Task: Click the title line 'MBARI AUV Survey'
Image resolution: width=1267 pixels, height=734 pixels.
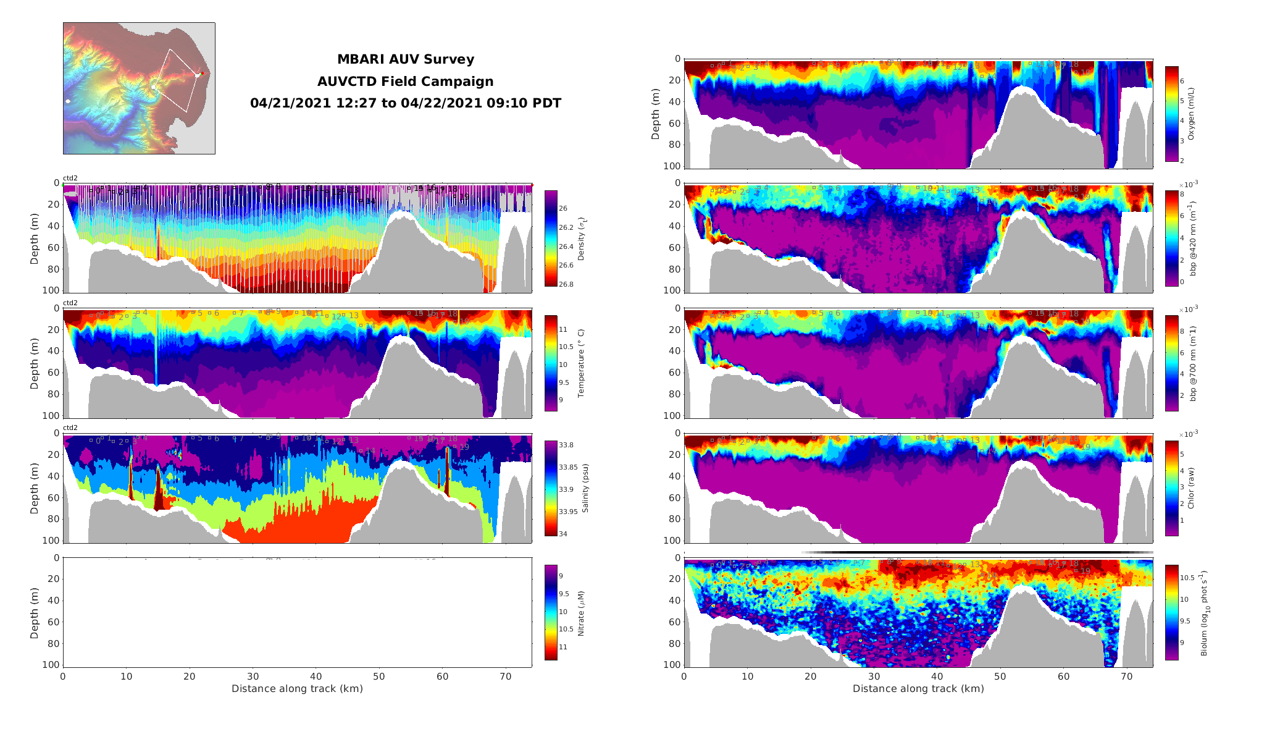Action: [405, 59]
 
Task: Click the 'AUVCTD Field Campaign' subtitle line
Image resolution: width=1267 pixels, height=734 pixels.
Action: [405, 82]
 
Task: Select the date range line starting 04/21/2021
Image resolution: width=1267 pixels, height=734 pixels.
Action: [405, 103]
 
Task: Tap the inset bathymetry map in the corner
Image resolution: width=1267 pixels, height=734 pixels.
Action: [139, 88]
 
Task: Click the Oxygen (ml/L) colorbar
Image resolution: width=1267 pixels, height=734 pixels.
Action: [1171, 114]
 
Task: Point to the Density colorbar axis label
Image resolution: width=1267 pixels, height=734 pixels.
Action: [581, 238]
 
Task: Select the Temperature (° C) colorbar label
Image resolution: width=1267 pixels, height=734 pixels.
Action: [581, 363]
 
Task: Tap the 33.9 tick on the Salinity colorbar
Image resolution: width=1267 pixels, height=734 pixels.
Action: [566, 489]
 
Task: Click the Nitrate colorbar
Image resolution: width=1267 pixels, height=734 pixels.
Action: [551, 612]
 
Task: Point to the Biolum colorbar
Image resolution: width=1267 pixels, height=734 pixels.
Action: [1171, 612]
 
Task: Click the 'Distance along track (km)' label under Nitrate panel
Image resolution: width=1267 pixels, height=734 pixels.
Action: [297, 689]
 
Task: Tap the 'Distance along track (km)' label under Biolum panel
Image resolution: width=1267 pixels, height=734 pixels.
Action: [918, 689]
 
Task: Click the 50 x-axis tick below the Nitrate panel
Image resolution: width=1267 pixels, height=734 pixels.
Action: [378, 677]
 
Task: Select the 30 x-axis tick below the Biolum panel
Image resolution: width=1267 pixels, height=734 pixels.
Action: [874, 677]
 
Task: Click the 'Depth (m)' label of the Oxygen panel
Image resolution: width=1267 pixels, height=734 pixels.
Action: [655, 114]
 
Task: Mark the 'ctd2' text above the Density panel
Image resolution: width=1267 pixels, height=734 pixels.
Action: [70, 178]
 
